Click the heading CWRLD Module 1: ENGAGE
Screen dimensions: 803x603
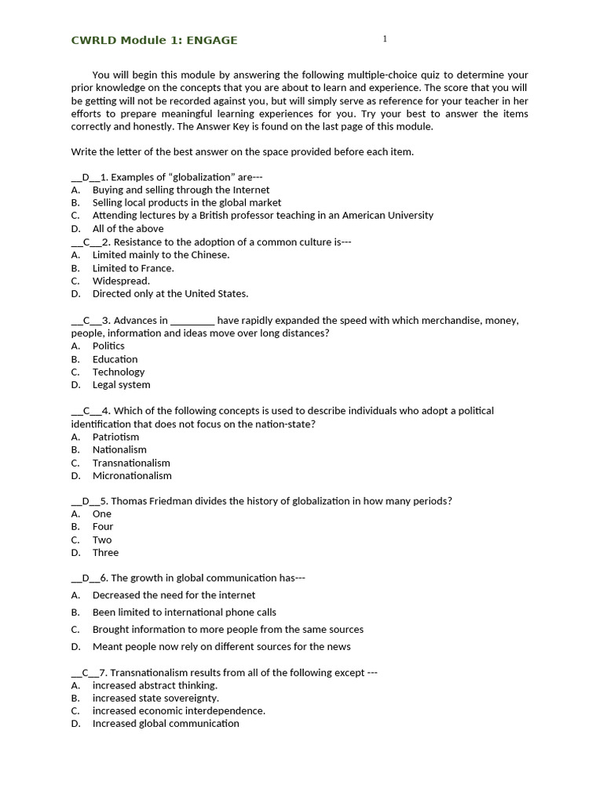click(154, 40)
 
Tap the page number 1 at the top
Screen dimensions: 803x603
click(385, 38)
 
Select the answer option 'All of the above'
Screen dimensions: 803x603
click(128, 228)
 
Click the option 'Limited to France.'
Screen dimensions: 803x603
click(133, 267)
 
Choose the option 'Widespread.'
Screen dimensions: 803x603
click(121, 281)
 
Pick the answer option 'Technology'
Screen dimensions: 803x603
click(119, 372)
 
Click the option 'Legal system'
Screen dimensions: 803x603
click(121, 384)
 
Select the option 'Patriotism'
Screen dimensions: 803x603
click(115, 437)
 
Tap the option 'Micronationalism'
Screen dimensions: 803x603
click(132, 475)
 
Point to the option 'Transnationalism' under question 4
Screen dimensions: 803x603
click(131, 463)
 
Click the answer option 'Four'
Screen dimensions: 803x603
click(103, 526)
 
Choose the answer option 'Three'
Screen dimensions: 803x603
click(105, 552)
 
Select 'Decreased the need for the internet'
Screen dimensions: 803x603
click(174, 595)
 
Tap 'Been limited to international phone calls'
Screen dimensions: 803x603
click(185, 612)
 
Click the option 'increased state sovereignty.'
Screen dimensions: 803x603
click(155, 698)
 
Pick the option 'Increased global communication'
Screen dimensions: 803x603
click(166, 723)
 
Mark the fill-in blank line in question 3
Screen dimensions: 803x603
click(192, 320)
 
